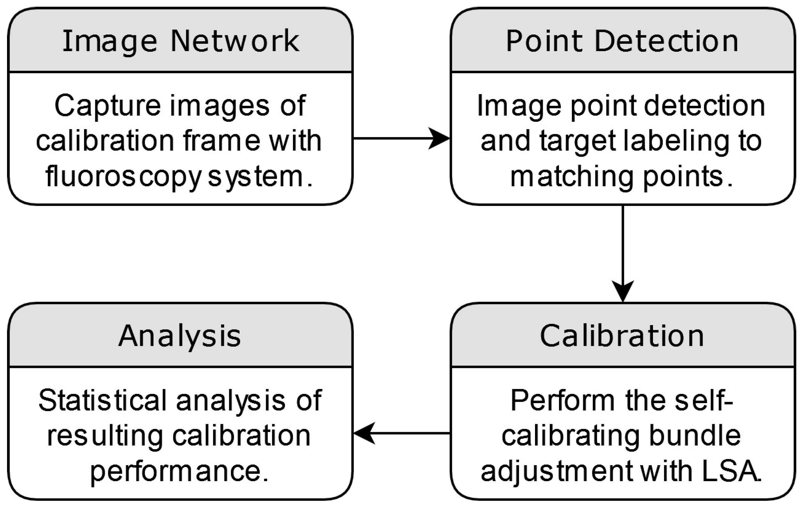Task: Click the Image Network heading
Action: click(x=181, y=41)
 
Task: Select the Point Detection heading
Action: click(x=622, y=41)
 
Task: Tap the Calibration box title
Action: click(x=622, y=336)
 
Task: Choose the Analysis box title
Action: click(x=180, y=336)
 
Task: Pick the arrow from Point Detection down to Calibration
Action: click(x=623, y=253)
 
